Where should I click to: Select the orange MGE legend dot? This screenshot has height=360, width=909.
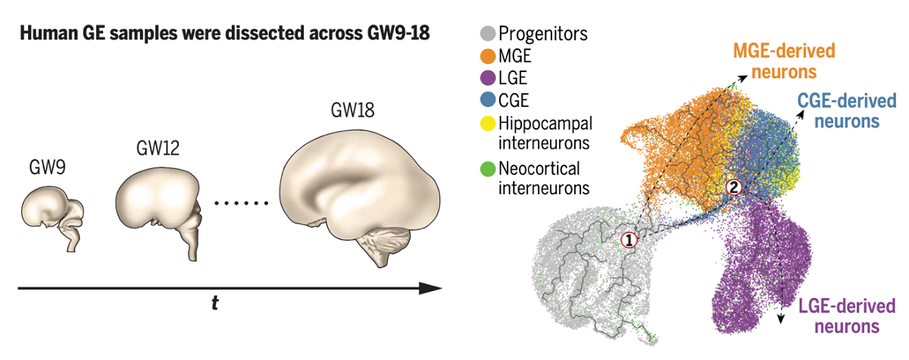point(489,56)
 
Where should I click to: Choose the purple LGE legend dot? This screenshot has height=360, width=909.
point(489,77)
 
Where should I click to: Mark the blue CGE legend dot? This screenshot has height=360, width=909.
point(489,99)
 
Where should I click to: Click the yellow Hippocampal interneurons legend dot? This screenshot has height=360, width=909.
point(489,122)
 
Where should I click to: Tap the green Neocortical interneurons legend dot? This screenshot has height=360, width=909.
point(489,167)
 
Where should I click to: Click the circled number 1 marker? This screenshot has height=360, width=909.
point(629,240)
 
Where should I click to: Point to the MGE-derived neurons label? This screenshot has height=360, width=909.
point(783,62)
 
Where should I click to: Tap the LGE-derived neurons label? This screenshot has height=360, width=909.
point(846,315)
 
